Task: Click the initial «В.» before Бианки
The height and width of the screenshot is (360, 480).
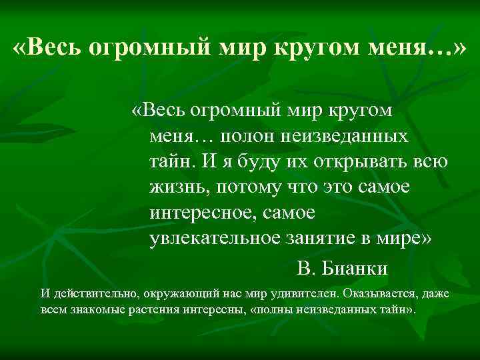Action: pyautogui.click(x=307, y=269)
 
